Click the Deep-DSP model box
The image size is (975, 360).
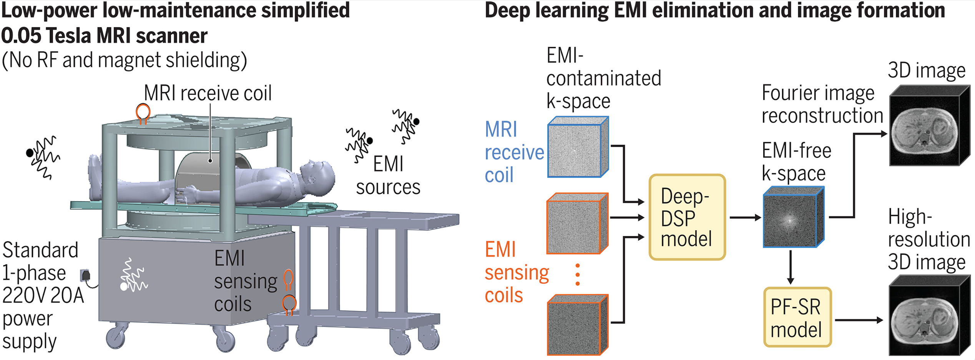(687, 217)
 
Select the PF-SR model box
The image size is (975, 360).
(797, 317)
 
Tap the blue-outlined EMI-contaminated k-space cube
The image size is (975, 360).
(577, 148)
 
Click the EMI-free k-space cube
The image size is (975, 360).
(792, 217)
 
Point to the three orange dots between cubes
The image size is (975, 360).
(577, 274)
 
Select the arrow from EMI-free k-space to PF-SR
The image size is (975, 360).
(790, 267)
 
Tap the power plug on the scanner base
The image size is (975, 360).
(85, 275)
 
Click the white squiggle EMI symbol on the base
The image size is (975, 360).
(133, 276)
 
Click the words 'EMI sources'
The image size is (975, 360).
(388, 176)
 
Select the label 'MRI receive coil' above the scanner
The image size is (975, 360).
(208, 93)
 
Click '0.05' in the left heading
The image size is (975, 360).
(21, 36)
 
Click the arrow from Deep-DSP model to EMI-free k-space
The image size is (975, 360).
(745, 218)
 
